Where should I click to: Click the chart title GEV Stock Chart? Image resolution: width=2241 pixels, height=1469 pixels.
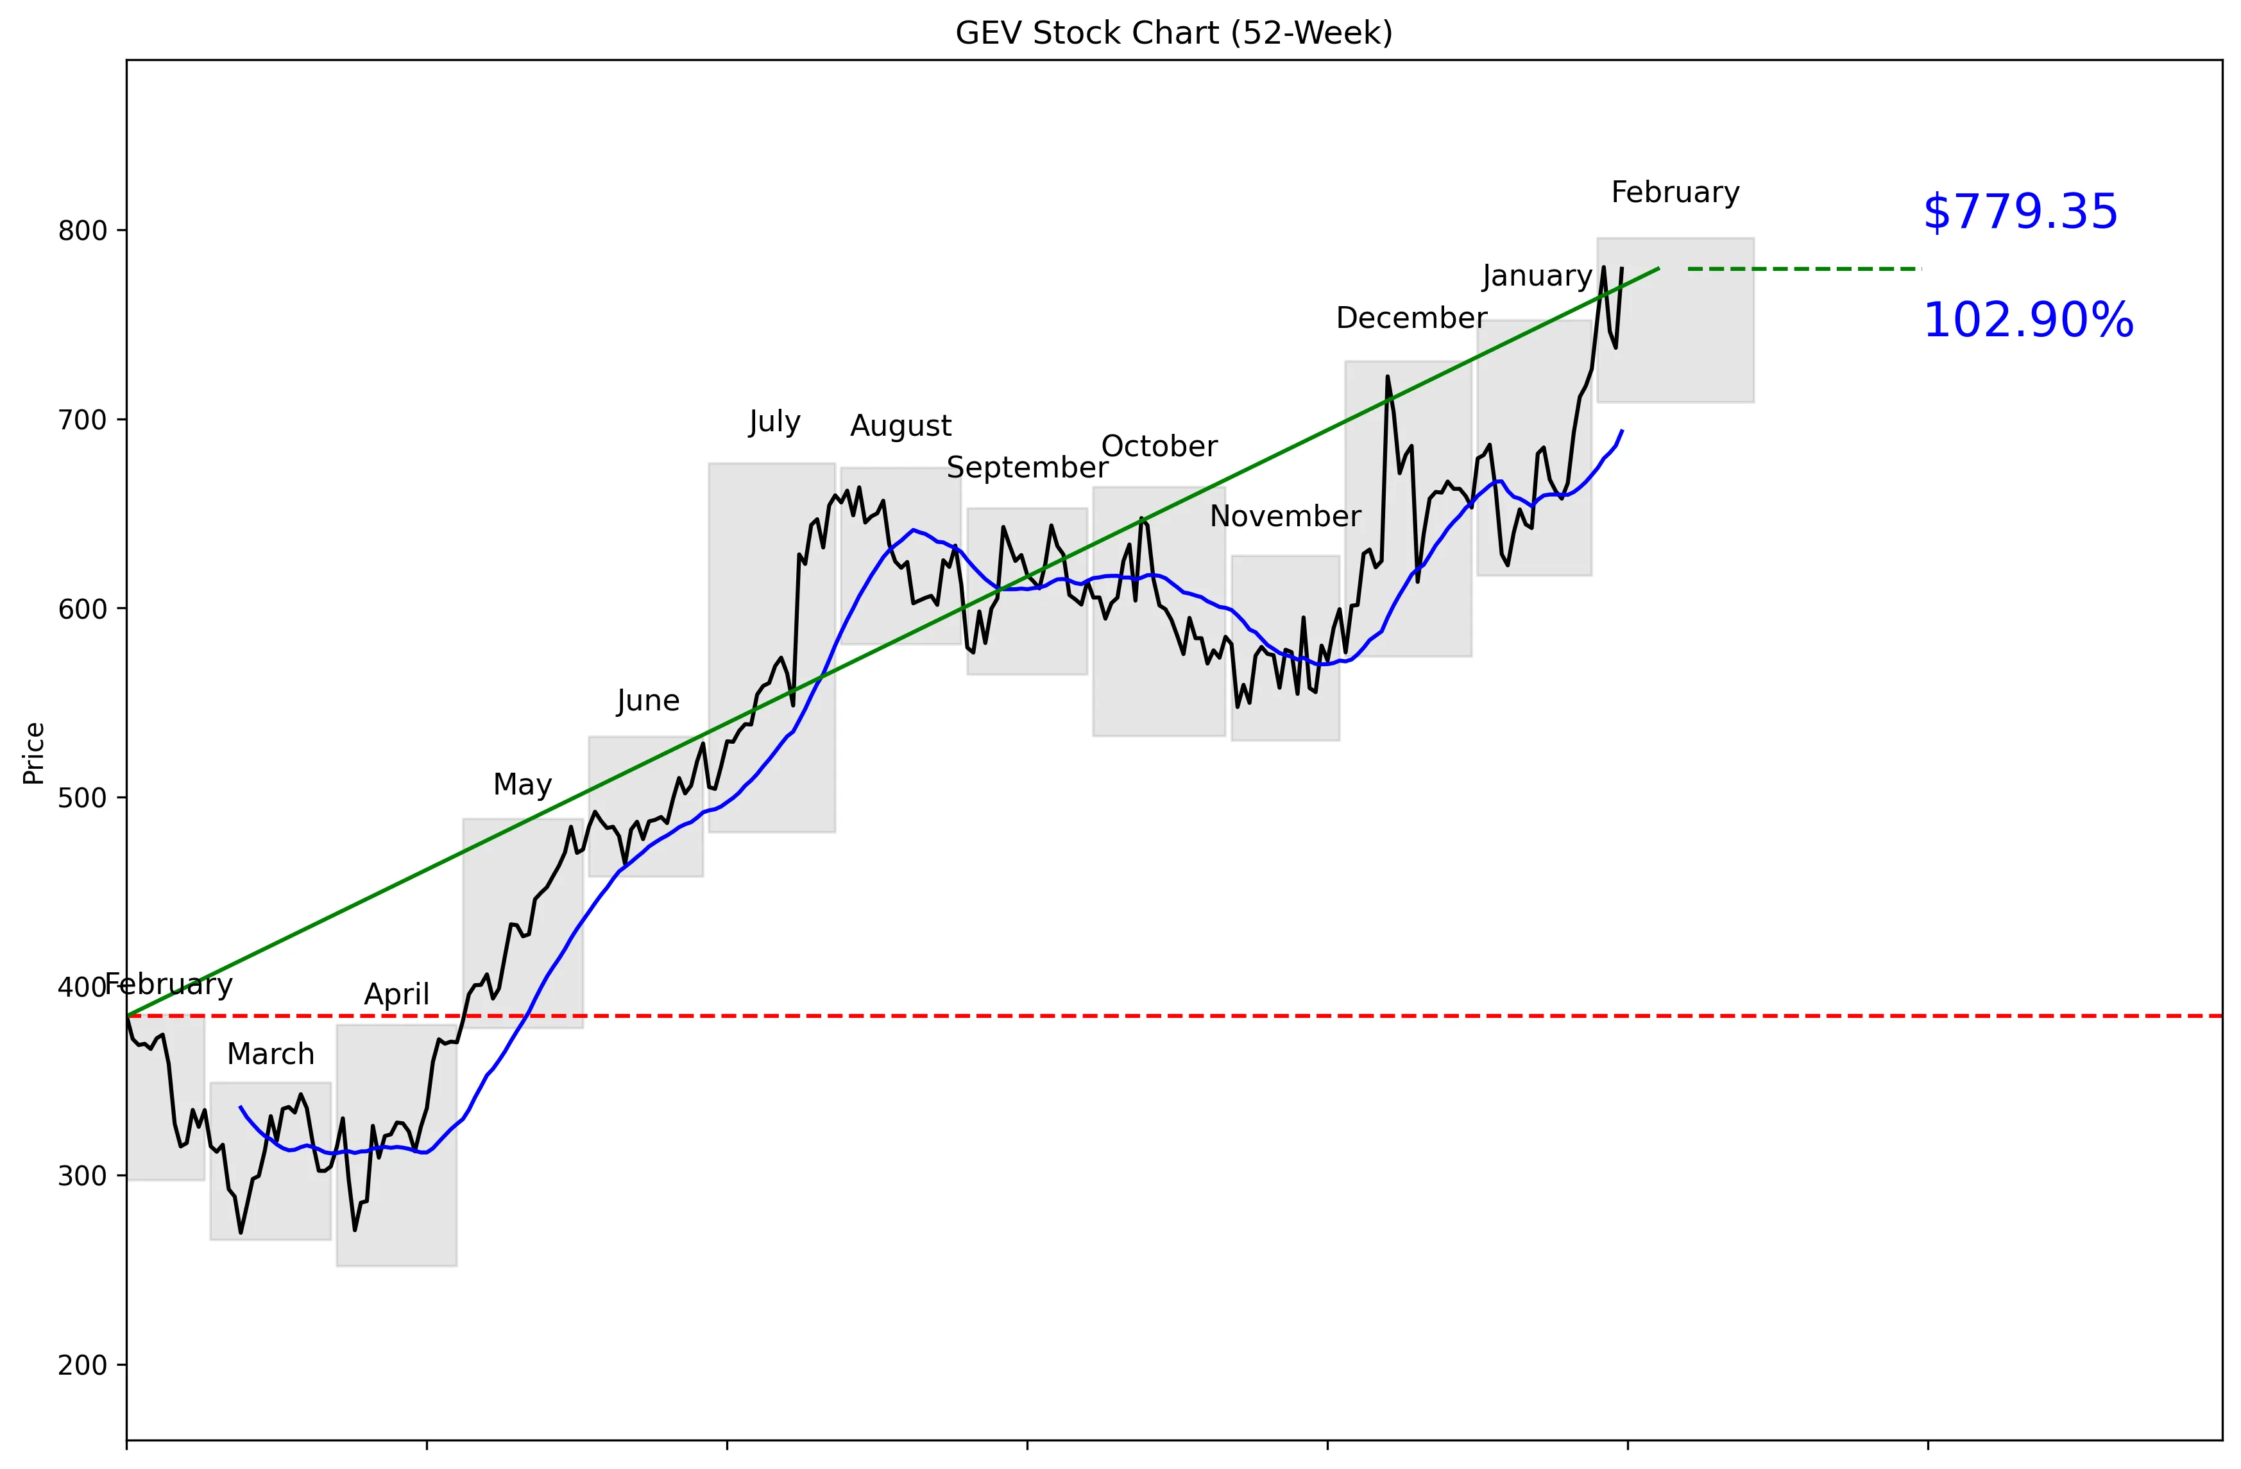[1173, 33]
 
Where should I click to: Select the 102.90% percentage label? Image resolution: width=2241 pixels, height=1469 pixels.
[2027, 320]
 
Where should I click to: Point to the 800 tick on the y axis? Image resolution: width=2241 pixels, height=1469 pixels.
[83, 230]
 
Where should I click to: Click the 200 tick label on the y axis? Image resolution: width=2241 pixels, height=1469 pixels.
[83, 1366]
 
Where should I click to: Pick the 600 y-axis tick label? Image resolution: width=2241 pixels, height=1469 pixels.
[83, 609]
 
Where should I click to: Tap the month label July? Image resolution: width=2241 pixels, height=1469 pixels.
[774, 421]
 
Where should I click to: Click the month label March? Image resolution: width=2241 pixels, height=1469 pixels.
[270, 1054]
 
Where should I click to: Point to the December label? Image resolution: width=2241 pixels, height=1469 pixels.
[1411, 318]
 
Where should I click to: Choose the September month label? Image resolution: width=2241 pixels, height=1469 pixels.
[1027, 467]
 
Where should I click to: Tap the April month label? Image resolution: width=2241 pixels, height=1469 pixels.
[396, 994]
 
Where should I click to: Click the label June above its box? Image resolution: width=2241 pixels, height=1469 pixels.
[648, 701]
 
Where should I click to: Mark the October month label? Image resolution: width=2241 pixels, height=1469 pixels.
[1159, 447]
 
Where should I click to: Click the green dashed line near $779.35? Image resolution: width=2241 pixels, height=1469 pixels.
[1803, 270]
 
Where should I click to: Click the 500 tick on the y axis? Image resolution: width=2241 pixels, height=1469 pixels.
[83, 798]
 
